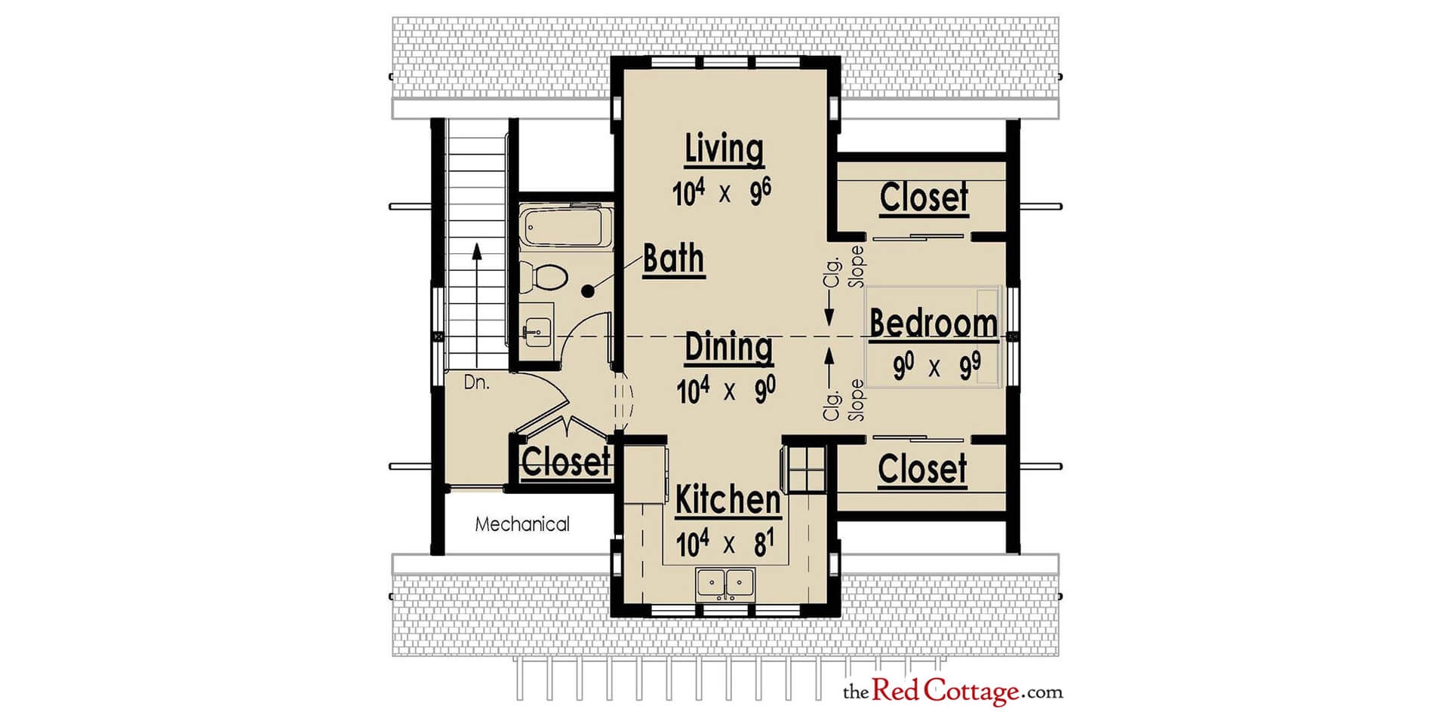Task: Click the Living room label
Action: click(x=724, y=149)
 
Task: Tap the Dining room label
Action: click(x=728, y=348)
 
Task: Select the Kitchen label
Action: click(x=728, y=500)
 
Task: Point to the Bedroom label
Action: click(x=934, y=324)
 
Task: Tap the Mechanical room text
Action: click(x=522, y=524)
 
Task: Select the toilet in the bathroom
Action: click(x=546, y=277)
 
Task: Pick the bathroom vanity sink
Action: click(x=538, y=329)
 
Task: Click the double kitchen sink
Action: click(x=725, y=584)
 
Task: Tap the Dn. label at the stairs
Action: click(x=476, y=382)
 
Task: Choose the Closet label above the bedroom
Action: click(x=924, y=198)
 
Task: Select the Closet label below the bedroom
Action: click(x=922, y=469)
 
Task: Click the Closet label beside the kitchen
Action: click(x=565, y=462)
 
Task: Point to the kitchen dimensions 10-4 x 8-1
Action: click(x=726, y=544)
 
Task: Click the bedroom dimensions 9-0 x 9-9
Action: click(x=937, y=368)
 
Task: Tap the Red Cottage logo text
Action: click(x=952, y=690)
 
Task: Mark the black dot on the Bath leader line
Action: click(x=589, y=289)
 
